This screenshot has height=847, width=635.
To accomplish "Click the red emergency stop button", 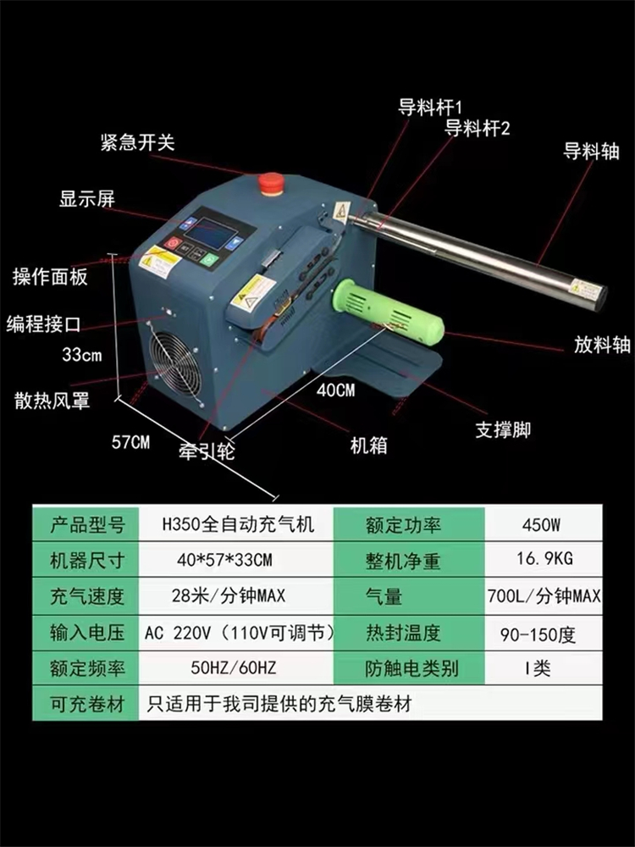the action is [271, 183].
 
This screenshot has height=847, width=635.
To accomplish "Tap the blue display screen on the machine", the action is [213, 235].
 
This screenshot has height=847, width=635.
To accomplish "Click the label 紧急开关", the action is [138, 142].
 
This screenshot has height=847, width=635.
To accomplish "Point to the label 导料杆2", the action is [477, 129].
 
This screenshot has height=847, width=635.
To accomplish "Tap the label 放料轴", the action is [601, 344].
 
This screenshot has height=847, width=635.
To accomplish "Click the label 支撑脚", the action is [503, 430].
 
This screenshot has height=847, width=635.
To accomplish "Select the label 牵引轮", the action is [207, 451].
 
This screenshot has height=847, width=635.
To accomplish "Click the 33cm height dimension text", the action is [82, 355].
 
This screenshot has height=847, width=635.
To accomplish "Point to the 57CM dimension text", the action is [130, 442].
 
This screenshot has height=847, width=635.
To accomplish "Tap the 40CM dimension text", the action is [336, 390].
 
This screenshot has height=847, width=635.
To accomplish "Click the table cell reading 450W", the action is [542, 524].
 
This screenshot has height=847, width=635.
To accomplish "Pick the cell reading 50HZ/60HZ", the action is [234, 668].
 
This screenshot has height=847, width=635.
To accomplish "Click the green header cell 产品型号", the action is [86, 524].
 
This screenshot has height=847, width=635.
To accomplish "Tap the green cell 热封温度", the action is [403, 633].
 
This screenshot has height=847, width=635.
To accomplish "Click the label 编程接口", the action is [43, 324].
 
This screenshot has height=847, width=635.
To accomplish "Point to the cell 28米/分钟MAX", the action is [229, 595].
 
